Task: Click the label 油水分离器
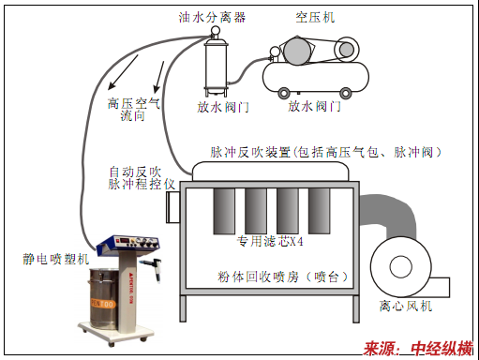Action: click(x=212, y=17)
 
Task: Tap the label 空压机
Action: click(x=315, y=17)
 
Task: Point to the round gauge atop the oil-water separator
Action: click(x=215, y=31)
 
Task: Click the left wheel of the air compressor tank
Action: click(x=284, y=93)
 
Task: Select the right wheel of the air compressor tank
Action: click(x=346, y=93)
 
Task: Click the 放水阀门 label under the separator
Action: click(x=223, y=107)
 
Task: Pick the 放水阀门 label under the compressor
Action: click(x=314, y=106)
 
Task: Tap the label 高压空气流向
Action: click(x=134, y=110)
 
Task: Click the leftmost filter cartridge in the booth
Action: click(x=224, y=211)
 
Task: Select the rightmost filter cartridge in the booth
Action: click(x=319, y=211)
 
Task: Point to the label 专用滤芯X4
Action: click(x=270, y=241)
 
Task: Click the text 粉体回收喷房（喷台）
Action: click(x=282, y=277)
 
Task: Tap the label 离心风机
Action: click(x=406, y=306)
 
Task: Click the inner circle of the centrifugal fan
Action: click(x=401, y=266)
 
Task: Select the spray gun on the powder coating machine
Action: click(x=152, y=268)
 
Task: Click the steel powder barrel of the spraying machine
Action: click(x=104, y=298)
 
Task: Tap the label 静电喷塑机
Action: click(x=55, y=259)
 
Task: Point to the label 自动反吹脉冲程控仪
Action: click(x=142, y=178)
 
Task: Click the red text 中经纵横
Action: click(x=442, y=349)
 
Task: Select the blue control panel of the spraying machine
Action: click(x=128, y=243)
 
